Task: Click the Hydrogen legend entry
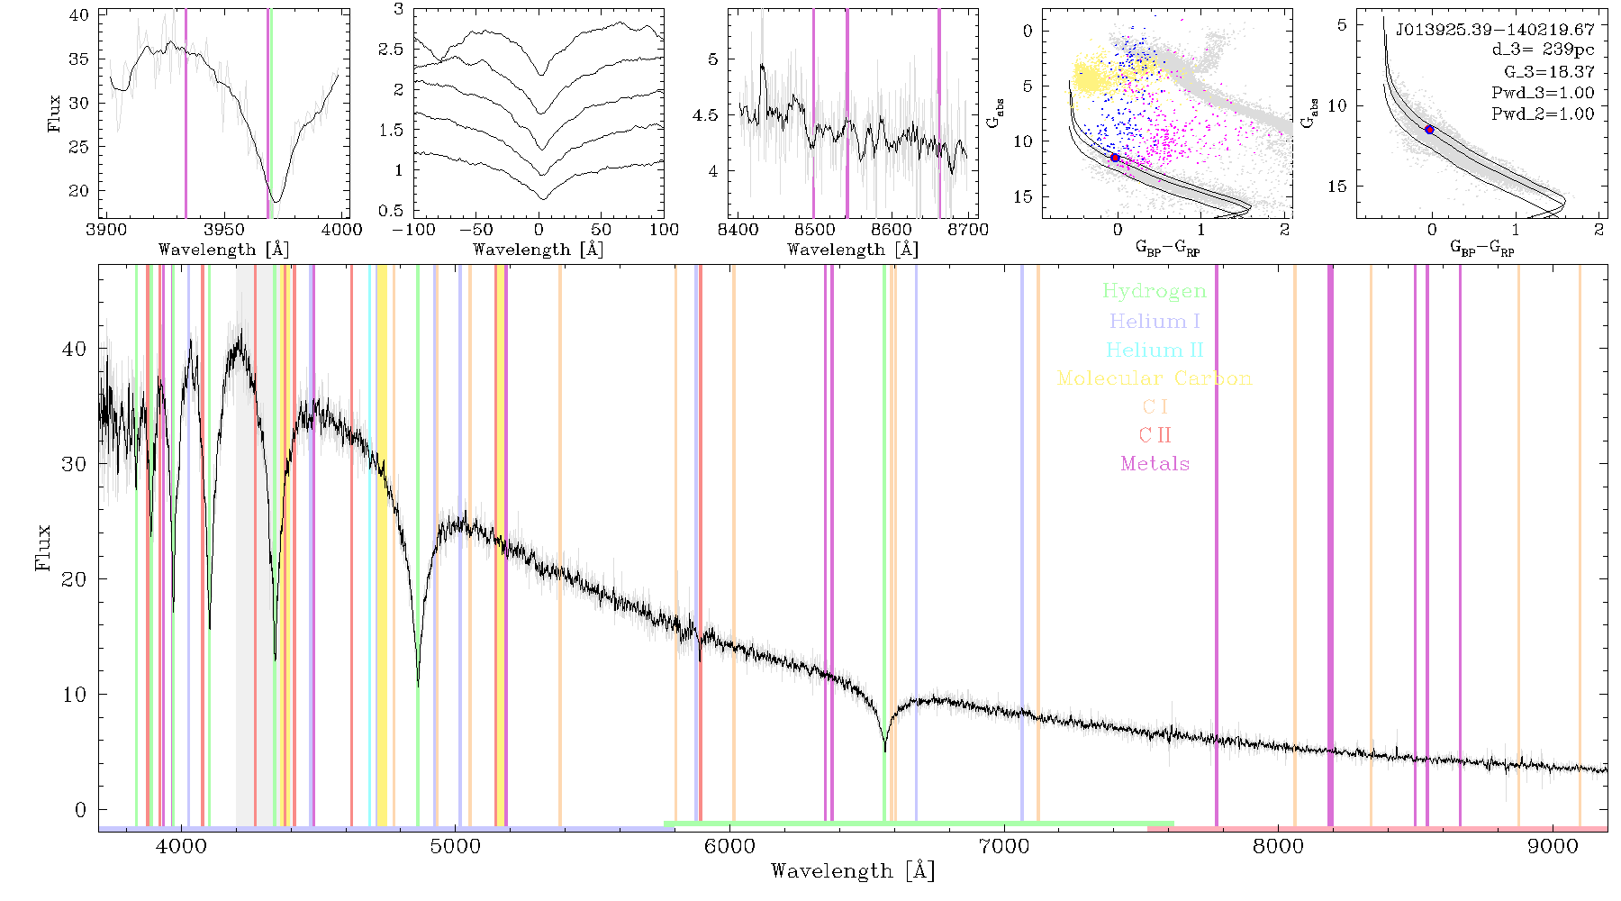(1155, 292)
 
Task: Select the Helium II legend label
(1155, 350)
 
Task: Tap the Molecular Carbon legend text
(1155, 378)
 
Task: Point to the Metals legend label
(1155, 464)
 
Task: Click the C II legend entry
(1155, 435)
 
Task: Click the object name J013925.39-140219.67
(1495, 30)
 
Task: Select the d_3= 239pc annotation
(1543, 50)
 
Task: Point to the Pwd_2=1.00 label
(1543, 114)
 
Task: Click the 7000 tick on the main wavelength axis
(1004, 846)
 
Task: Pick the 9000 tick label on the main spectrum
(1553, 846)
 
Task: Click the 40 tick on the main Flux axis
(75, 349)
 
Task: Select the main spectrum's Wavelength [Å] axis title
(853, 871)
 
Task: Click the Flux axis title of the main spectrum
(42, 548)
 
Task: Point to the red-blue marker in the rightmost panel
(1429, 130)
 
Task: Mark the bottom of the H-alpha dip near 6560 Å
(885, 751)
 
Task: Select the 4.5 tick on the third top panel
(707, 115)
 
